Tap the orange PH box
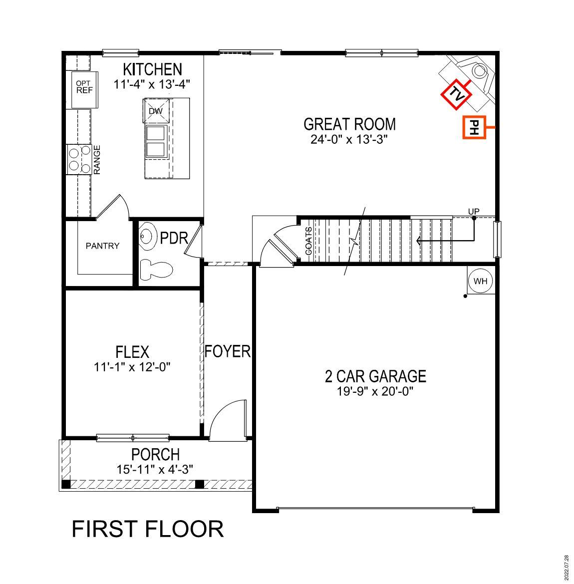click(x=474, y=128)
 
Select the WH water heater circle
click(x=480, y=281)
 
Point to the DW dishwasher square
click(x=157, y=110)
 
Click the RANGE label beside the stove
click(x=97, y=160)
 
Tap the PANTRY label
click(x=102, y=246)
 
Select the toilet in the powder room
click(x=155, y=270)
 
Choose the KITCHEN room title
click(x=152, y=69)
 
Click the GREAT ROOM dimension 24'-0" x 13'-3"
click(x=349, y=139)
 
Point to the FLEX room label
click(x=132, y=352)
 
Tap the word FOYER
click(x=227, y=351)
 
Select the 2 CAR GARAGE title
click(x=375, y=376)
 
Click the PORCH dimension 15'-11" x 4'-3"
click(x=155, y=469)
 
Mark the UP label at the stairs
click(x=474, y=212)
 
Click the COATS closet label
click(x=308, y=241)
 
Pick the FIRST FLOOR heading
click(x=148, y=529)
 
